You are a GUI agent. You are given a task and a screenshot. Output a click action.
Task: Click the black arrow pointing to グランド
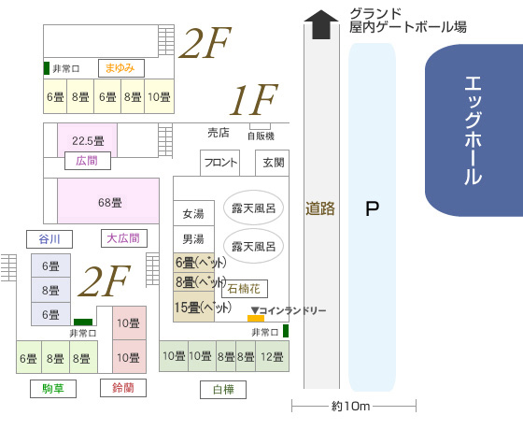click(321, 24)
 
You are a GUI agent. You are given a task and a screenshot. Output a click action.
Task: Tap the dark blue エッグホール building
click(474, 130)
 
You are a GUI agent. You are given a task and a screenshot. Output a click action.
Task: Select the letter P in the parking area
click(372, 208)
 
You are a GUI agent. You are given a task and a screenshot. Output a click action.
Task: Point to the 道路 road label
click(320, 208)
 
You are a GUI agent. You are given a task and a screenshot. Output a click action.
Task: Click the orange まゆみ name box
click(121, 68)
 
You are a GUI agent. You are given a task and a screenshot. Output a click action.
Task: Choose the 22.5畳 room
click(88, 140)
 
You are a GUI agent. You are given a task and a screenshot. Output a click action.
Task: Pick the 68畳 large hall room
click(108, 201)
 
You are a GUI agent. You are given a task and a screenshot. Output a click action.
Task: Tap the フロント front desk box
click(219, 163)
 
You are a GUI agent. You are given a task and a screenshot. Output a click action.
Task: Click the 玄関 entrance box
click(272, 163)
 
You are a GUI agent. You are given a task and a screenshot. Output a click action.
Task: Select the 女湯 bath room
click(193, 213)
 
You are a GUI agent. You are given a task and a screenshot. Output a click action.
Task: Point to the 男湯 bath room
click(193, 239)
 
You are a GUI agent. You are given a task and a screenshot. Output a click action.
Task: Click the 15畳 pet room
click(194, 307)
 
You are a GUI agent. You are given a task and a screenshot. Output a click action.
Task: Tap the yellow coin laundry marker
click(256, 318)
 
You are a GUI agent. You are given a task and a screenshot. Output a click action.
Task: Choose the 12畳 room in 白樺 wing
click(272, 356)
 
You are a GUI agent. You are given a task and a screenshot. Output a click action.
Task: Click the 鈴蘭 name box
click(123, 388)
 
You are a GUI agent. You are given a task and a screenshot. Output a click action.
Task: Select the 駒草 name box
click(53, 389)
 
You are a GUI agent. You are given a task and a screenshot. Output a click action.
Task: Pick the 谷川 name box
click(49, 239)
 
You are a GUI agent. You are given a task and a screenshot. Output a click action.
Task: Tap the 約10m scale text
click(351, 407)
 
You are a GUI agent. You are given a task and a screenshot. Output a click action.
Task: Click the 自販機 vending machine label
click(261, 136)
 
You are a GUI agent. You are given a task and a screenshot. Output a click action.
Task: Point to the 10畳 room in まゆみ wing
click(159, 96)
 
